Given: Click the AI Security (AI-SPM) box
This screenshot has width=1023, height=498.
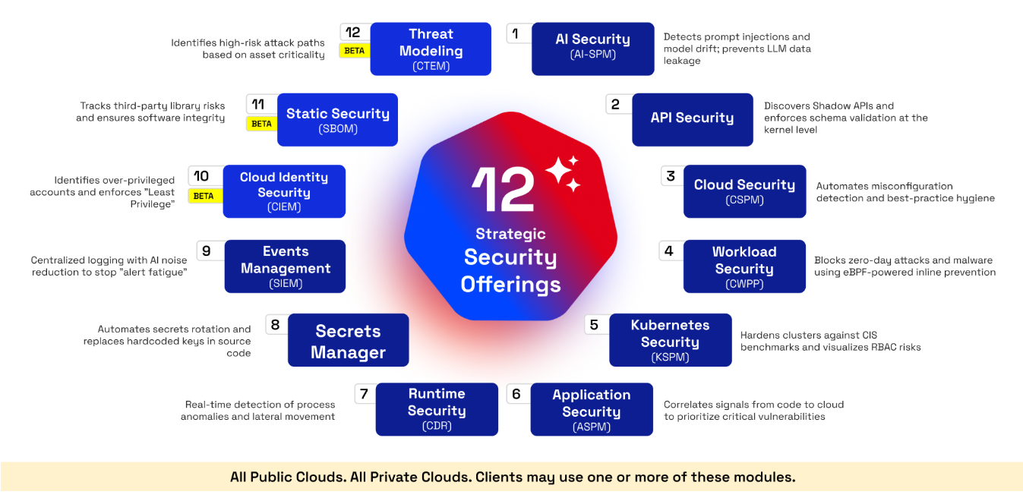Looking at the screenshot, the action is pos(593,49).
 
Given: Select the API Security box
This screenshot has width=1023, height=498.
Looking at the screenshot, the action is pos(693,120).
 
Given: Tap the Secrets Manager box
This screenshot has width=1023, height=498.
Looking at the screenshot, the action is pos(348,340).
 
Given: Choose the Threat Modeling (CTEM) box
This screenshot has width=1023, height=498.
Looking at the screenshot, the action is pos(431,49).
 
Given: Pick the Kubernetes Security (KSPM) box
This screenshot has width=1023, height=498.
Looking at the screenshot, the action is pos(671,340).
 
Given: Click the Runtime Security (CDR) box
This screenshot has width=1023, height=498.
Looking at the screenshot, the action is pos(437,409).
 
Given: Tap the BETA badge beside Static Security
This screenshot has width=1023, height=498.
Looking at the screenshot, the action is pos(262,124).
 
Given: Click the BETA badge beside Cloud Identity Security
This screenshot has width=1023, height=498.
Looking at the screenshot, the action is pos(204,196).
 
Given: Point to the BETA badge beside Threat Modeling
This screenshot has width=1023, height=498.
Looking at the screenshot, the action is pos(355,50).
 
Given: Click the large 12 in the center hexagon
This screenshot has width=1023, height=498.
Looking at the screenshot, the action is pos(503,189).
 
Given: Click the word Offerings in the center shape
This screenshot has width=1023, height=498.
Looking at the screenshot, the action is pos(510,285).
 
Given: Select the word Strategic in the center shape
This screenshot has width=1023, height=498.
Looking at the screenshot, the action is pos(510,234).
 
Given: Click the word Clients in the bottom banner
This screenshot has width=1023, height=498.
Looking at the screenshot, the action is pos(499,477).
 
